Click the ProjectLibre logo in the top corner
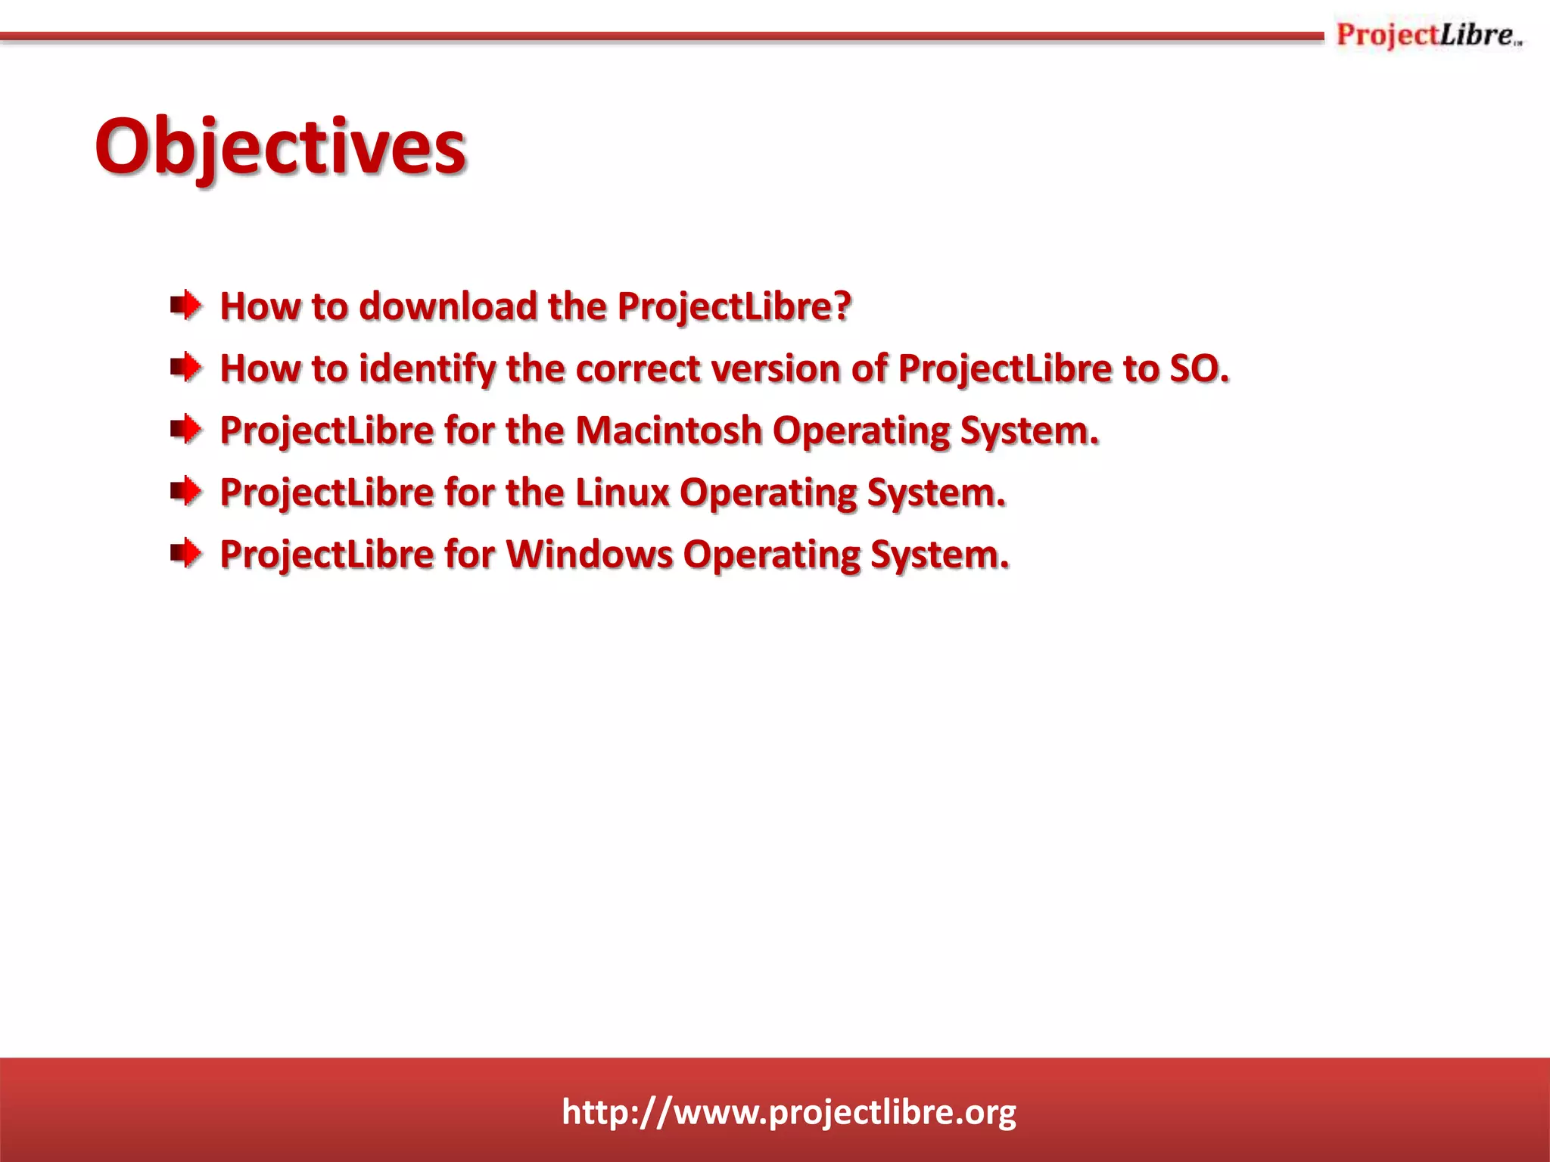point(1428,36)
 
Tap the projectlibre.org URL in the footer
point(789,1112)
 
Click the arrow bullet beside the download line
point(186,306)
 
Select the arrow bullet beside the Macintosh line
point(186,430)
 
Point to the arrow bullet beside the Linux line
point(186,492)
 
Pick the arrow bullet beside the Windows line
point(186,555)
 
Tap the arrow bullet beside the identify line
point(186,368)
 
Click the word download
point(448,306)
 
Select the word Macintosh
point(668,430)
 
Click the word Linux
point(622,492)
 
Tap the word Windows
point(590,555)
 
